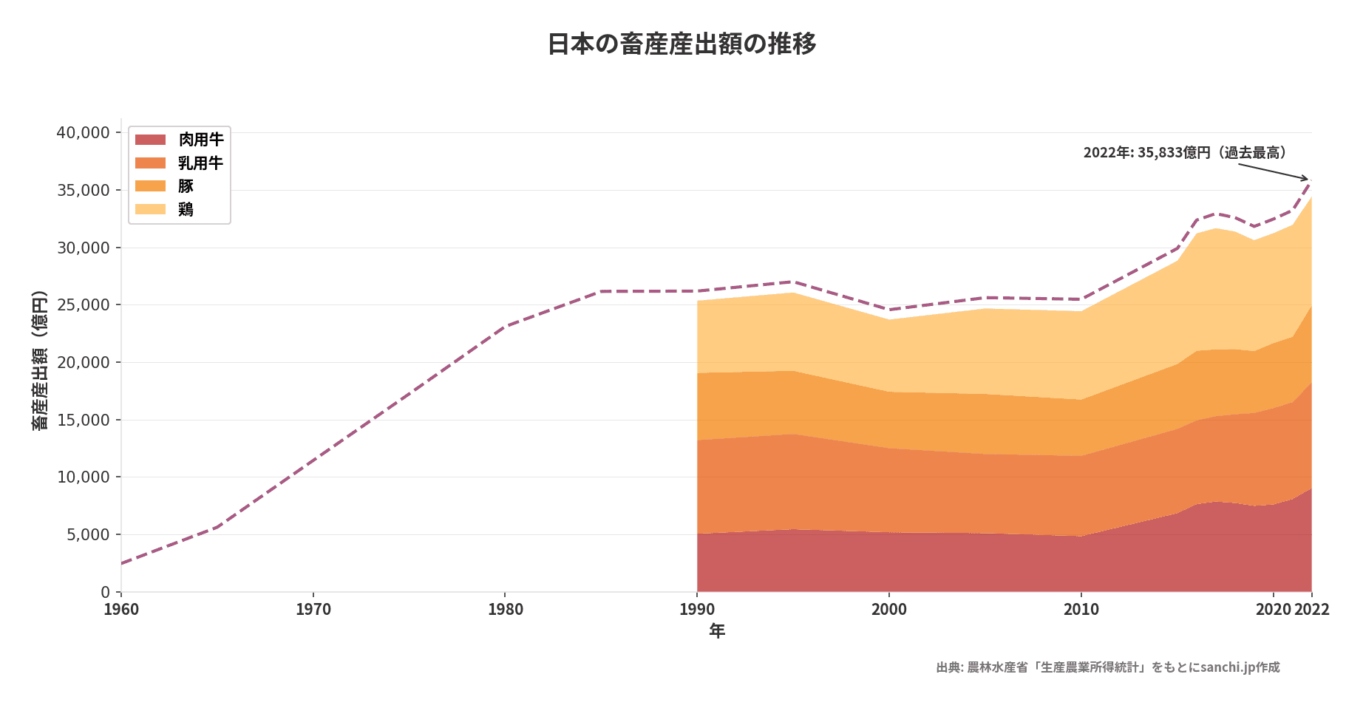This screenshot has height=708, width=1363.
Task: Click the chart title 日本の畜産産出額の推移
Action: [681, 44]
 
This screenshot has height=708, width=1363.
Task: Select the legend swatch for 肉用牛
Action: [151, 140]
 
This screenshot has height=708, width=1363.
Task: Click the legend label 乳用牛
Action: [200, 163]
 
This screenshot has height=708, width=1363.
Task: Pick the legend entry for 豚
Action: [186, 186]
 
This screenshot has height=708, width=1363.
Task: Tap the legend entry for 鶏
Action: [186, 210]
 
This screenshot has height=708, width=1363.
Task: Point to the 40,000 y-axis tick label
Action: [83, 133]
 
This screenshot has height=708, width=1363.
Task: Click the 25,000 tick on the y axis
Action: [83, 305]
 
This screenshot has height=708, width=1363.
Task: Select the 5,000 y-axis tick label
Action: [87, 535]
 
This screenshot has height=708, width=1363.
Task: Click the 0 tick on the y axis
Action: [105, 592]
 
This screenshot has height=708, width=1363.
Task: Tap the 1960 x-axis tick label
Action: [121, 610]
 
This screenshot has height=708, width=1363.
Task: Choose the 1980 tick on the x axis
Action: [505, 610]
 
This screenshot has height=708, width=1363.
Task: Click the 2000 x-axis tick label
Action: [888, 610]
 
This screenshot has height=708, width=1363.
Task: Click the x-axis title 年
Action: [716, 630]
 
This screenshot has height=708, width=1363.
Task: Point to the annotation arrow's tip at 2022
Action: [1308, 180]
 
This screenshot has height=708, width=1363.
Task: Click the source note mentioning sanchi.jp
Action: [1107, 667]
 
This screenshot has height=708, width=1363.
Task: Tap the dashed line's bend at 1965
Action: [217, 527]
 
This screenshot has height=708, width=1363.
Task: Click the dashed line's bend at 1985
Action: [601, 291]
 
